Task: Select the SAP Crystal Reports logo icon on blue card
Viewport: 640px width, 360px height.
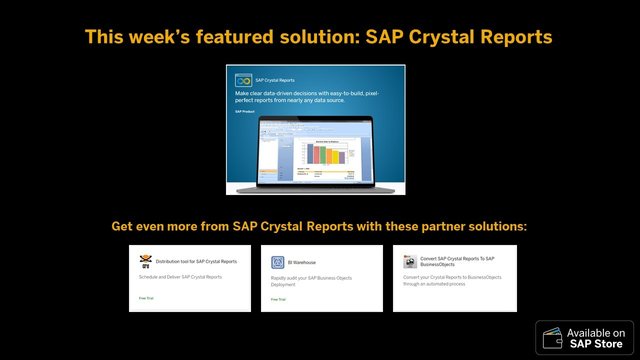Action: tap(243, 79)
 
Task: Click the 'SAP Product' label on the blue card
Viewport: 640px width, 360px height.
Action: tap(245, 111)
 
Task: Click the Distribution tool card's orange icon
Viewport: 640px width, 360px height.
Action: tap(145, 262)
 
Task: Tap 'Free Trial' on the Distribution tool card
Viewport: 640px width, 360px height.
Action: tap(147, 298)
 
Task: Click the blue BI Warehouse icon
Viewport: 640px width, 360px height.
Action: tap(278, 262)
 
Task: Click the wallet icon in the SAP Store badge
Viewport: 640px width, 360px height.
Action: tap(552, 338)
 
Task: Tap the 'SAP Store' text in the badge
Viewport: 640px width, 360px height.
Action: tap(596, 344)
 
